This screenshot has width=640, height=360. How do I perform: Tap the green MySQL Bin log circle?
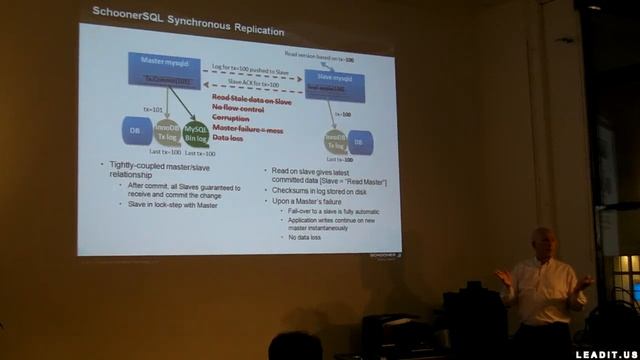click(x=198, y=133)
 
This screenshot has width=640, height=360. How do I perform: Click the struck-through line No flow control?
click(x=239, y=108)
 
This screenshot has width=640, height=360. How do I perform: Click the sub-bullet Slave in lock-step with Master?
click(x=179, y=204)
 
